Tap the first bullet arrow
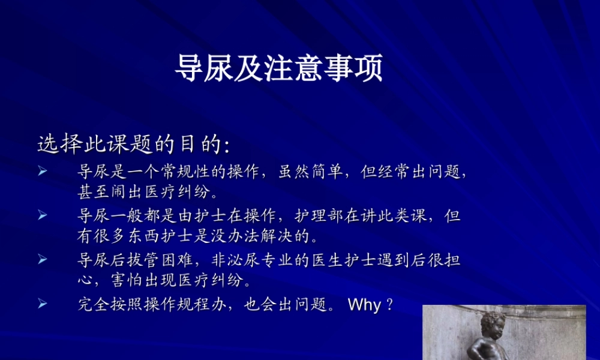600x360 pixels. tap(43, 172)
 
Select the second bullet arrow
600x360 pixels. tap(43, 215)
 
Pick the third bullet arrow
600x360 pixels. tap(43, 259)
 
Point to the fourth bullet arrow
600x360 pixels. tap(43, 304)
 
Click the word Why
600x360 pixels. tap(364, 305)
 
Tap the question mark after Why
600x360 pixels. tap(389, 305)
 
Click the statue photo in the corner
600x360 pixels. tap(504, 332)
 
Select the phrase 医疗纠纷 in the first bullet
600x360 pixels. tap(178, 193)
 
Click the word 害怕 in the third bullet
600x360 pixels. tap(125, 281)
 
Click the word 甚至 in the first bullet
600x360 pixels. tap(91, 193)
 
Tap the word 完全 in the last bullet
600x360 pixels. tap(91, 304)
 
